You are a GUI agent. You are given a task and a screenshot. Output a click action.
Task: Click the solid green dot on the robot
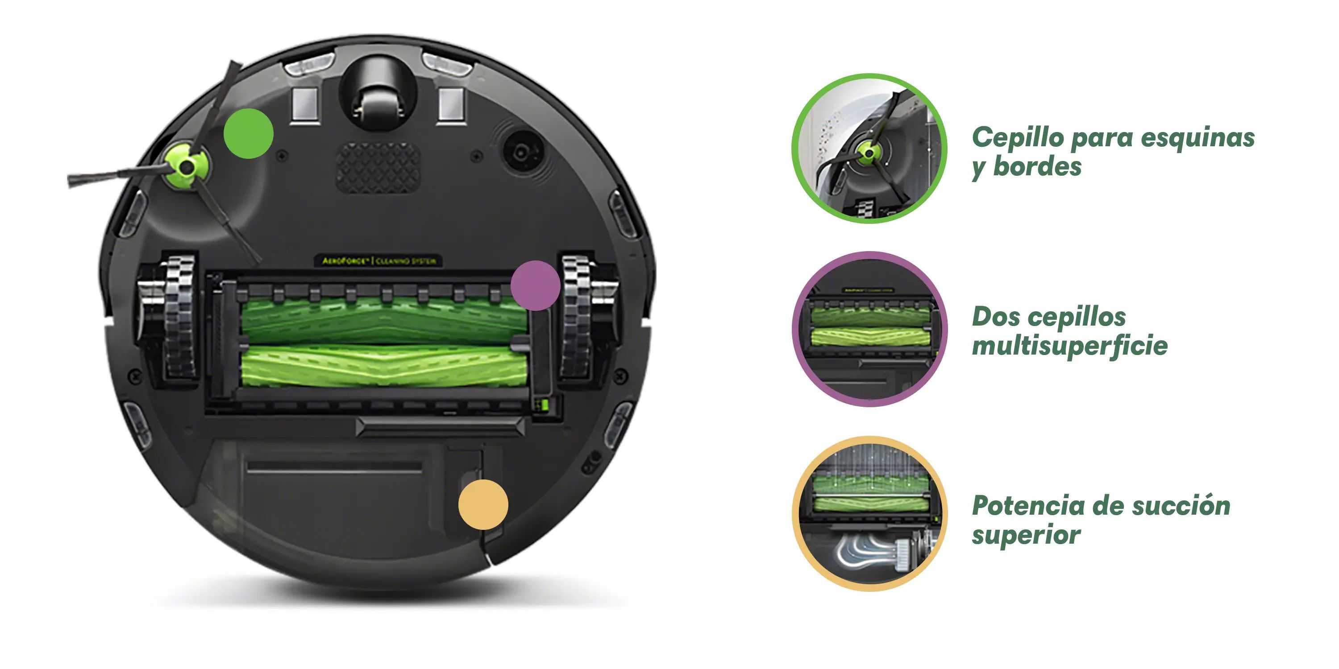[x=249, y=133]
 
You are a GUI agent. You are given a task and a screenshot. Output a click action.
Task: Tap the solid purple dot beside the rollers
[x=536, y=286]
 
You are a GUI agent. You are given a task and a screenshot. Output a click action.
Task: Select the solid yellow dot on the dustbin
[x=483, y=504]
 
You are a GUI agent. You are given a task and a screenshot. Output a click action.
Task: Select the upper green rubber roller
[x=385, y=320]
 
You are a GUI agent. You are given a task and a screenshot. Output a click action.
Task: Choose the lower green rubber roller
[x=385, y=367]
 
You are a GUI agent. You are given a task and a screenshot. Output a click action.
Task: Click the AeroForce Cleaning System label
[x=379, y=261]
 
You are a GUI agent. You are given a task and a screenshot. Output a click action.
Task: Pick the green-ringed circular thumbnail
[x=869, y=149]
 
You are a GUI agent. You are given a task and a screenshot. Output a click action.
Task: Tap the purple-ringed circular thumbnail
[x=869, y=329]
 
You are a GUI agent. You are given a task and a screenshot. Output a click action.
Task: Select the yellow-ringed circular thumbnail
[x=869, y=513]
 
